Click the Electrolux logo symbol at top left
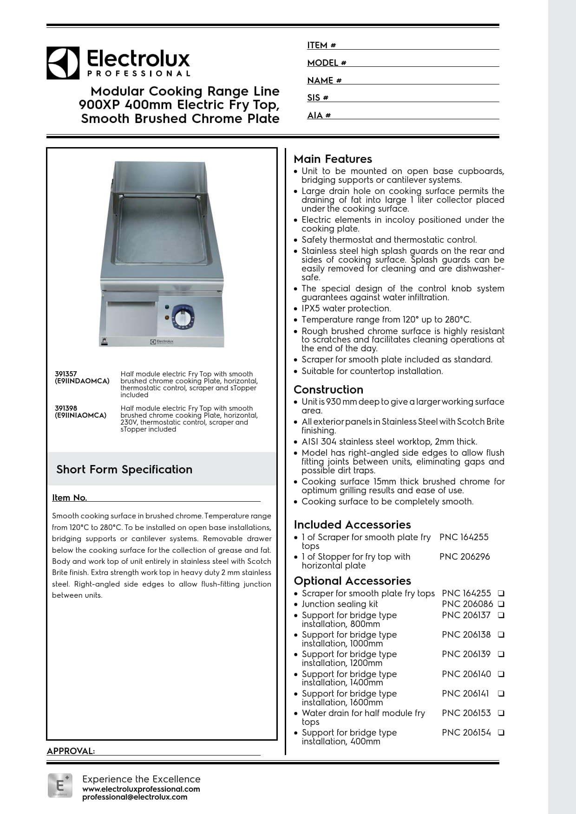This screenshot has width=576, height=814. tap(63, 63)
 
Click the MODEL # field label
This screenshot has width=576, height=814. tap(327, 63)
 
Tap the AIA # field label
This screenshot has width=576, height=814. tap(319, 115)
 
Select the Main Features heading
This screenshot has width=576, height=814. tap(333, 159)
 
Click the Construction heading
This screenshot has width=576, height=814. tap(328, 389)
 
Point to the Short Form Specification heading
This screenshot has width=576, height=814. tap(124, 469)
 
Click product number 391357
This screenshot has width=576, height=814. tap(66, 374)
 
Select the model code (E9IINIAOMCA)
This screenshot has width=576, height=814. tap(80, 415)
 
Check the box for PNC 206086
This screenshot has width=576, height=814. tap(501, 604)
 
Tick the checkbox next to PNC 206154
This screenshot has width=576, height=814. tap(501, 732)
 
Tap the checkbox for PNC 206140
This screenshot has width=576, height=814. tap(501, 674)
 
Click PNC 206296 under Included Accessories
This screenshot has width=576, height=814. tap(465, 556)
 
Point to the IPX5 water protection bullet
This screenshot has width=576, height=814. tap(346, 308)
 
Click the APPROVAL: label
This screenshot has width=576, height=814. tap(71, 751)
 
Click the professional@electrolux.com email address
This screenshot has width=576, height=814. tap(135, 797)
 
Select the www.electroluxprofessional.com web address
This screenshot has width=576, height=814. tap(141, 789)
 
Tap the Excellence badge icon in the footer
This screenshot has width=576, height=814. tap(60, 785)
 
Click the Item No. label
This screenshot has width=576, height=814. tap(69, 497)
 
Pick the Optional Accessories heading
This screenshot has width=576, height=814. tap(352, 581)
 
